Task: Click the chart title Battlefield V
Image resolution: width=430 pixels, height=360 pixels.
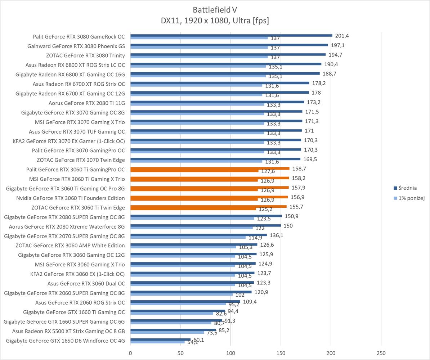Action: [x=215, y=9]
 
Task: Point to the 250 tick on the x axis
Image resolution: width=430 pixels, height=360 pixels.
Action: [x=381, y=353]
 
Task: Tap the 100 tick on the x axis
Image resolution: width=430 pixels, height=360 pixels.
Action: [x=231, y=353]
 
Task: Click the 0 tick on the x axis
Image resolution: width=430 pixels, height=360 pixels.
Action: [x=130, y=353]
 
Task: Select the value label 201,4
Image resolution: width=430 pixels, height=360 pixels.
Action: [x=342, y=36]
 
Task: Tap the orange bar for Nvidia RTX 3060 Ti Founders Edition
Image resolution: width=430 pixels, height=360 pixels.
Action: [x=209, y=197]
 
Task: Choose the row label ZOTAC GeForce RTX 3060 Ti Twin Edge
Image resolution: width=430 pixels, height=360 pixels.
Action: [x=78, y=207]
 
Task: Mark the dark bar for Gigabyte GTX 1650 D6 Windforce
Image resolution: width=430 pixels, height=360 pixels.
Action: [x=160, y=339]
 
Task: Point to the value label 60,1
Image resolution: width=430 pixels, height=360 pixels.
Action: [x=199, y=339]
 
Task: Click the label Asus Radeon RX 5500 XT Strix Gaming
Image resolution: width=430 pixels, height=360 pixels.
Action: [x=68, y=331]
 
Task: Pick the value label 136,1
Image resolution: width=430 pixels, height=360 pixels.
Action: [x=277, y=235]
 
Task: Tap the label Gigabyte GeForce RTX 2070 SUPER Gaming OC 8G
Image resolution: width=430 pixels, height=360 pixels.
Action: [x=64, y=236]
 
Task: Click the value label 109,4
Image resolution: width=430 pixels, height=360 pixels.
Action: [x=250, y=302]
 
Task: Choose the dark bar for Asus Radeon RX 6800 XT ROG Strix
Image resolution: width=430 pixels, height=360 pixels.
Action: [x=226, y=64]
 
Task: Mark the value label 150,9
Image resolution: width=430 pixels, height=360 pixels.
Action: [x=292, y=216]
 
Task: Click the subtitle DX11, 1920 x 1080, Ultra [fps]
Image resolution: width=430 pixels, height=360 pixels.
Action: [x=215, y=21]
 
